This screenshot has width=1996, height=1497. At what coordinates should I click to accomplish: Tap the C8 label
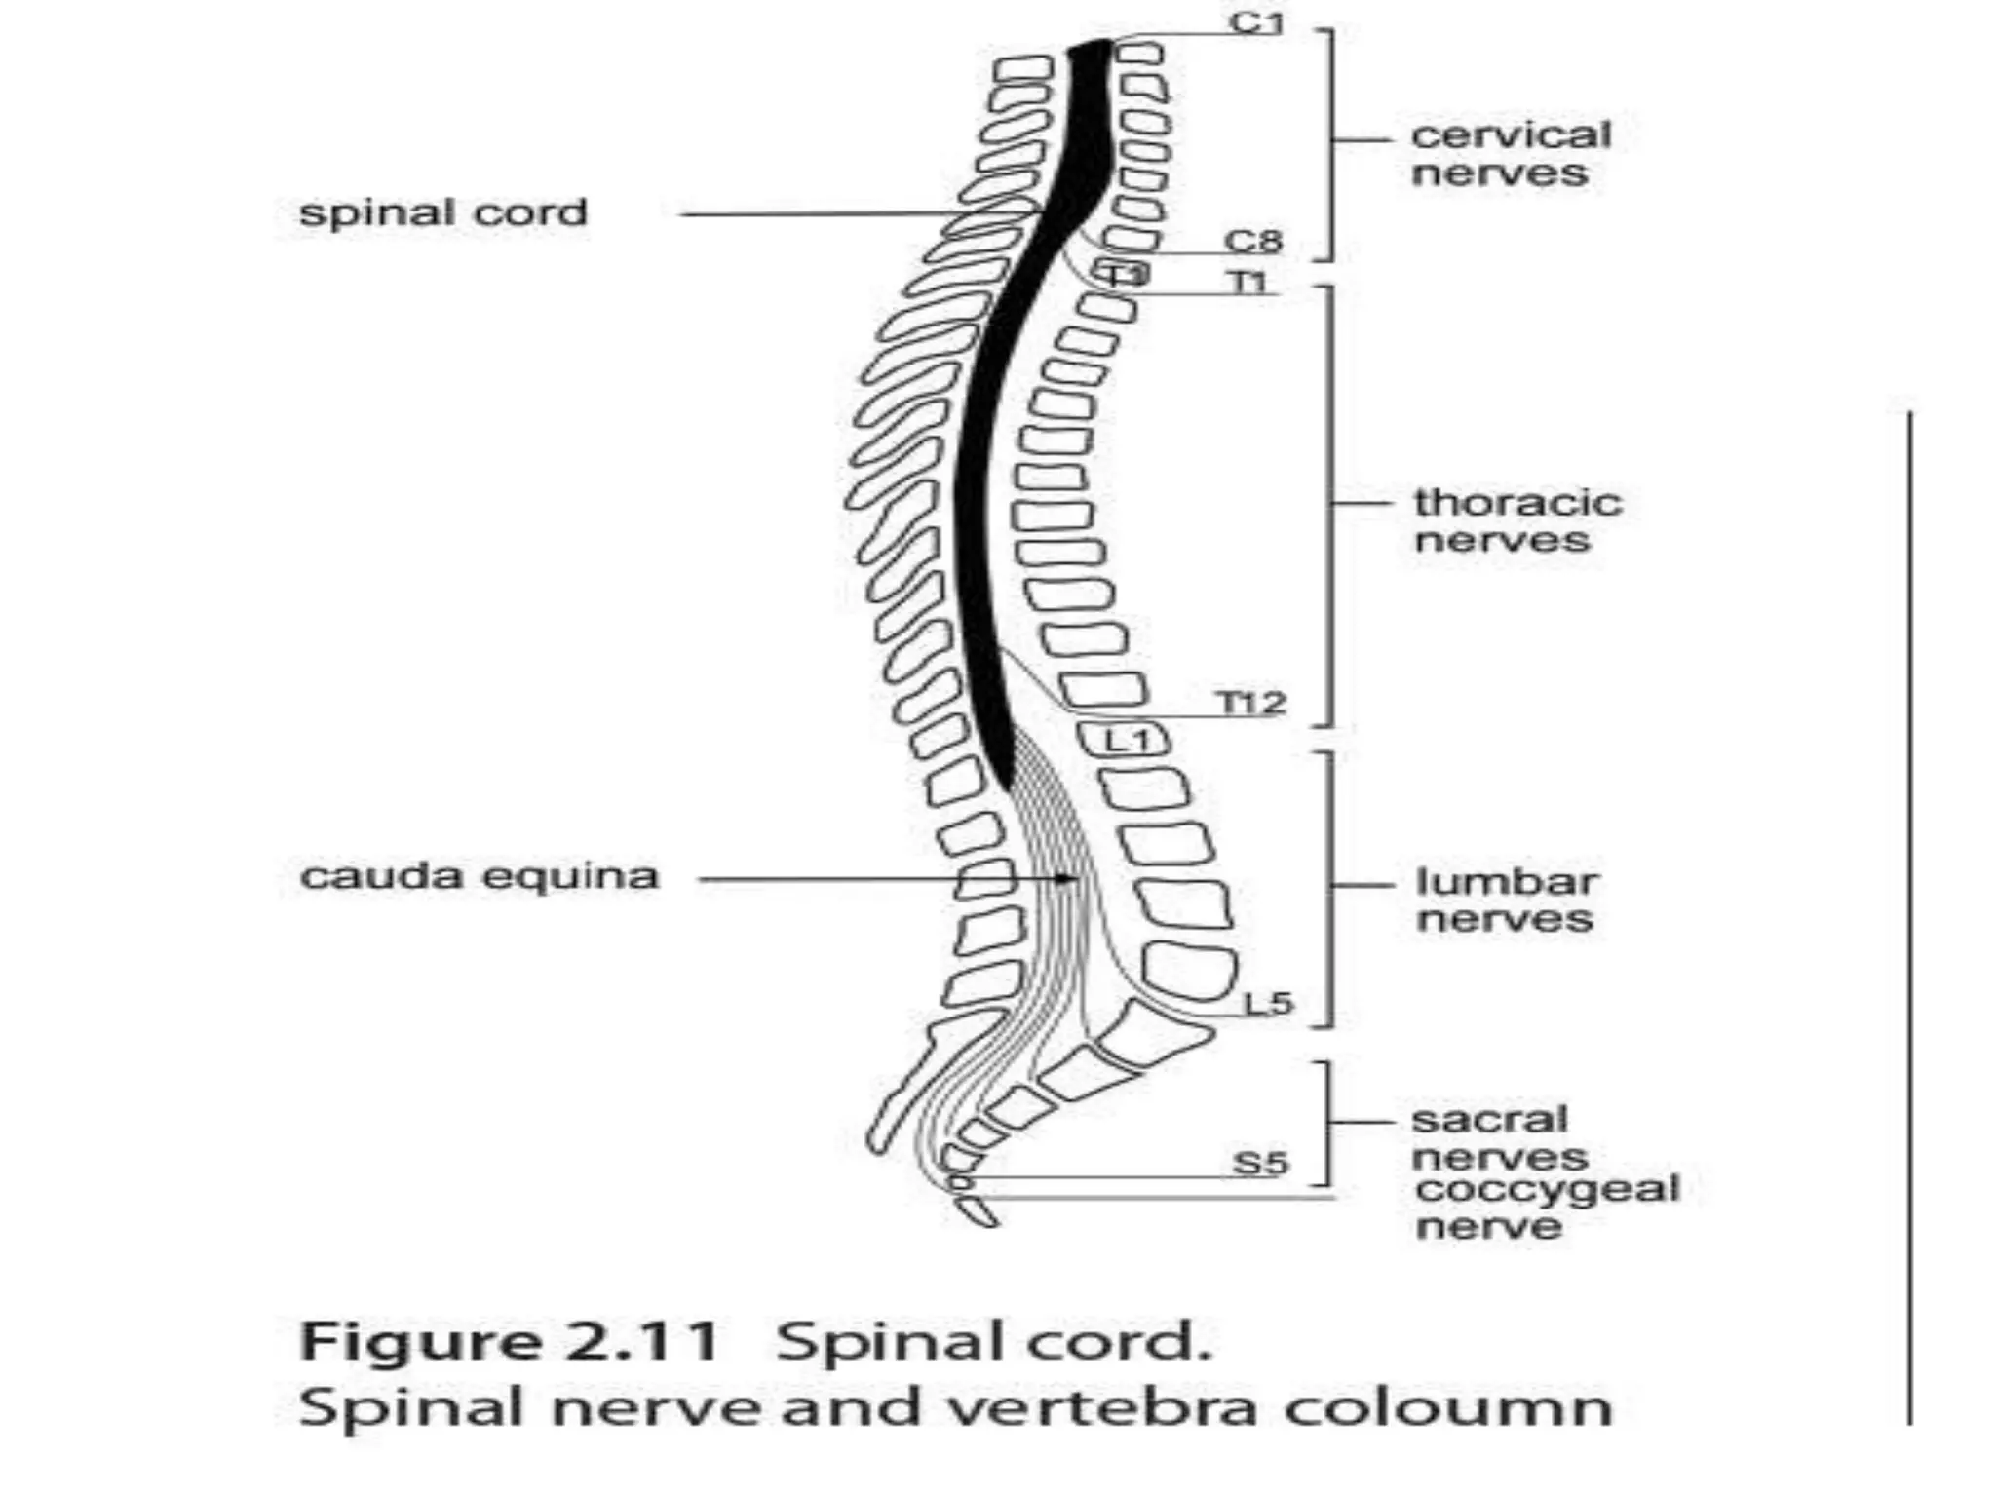1254,241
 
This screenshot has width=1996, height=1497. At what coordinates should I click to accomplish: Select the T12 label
1251,702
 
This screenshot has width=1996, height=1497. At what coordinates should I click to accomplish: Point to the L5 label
1268,1002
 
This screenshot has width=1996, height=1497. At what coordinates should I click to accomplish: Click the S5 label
1260,1163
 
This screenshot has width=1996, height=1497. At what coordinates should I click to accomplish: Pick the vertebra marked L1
1127,740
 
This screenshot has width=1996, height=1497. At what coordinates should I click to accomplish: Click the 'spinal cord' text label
443,212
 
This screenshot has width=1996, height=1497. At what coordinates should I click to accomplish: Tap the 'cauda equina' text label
480,875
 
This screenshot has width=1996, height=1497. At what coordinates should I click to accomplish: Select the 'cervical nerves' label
1511,154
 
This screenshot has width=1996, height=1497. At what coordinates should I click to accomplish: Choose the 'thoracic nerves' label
1517,520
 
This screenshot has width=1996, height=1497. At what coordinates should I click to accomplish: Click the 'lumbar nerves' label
1507,900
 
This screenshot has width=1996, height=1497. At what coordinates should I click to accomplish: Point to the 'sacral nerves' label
1499,1137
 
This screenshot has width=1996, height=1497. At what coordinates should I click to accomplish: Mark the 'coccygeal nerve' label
1547,1207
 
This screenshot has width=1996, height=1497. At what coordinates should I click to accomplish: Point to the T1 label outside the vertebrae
1248,283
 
